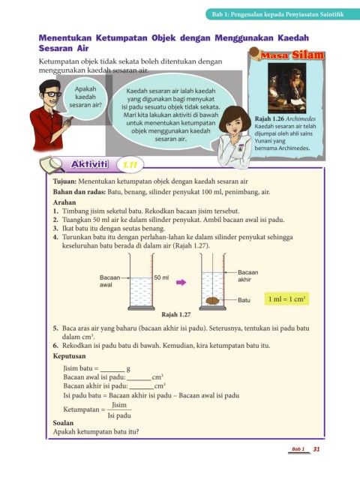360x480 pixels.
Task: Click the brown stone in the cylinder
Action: pos(212,301)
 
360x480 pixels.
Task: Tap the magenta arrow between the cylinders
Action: pos(181,282)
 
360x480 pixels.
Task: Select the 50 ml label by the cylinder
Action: pos(161,277)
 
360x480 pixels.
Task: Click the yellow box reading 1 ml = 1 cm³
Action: pos(286,298)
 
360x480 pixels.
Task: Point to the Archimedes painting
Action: pos(286,88)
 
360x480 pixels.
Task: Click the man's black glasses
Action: pos(52,94)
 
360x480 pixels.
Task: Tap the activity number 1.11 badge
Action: pos(130,165)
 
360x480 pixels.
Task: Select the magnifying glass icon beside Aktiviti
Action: pos(52,164)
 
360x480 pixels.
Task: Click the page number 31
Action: pos(316,449)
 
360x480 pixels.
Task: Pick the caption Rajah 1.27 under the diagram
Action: pos(176,314)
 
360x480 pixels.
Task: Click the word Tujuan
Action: pos(64,181)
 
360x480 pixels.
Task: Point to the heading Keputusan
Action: pos(70,356)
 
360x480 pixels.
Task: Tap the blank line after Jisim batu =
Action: pos(112,370)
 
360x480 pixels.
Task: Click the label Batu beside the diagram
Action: pos(244,300)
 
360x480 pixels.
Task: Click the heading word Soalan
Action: pos(63,423)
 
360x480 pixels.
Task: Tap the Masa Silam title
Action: pos(292,55)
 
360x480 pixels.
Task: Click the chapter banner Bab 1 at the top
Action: pos(277,14)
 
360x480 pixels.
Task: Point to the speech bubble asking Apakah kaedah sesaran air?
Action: pos(85,97)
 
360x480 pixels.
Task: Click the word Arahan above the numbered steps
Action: pos(64,202)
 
